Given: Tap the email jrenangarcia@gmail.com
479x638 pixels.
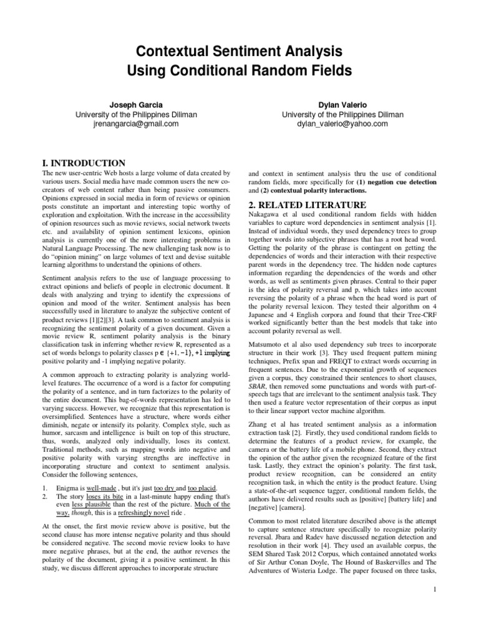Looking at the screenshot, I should [127, 124].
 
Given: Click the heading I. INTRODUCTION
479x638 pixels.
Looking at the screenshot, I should [82, 163].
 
